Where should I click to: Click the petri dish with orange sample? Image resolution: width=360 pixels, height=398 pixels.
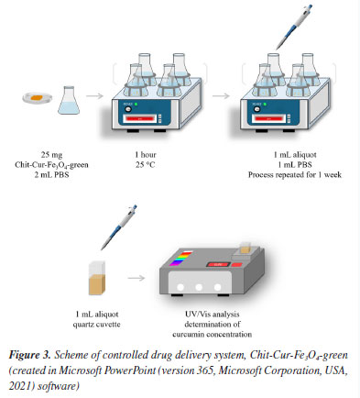[x=38, y=98]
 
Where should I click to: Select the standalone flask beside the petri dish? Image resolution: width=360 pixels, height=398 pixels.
[x=69, y=101]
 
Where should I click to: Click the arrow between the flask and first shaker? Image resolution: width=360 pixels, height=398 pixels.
[x=94, y=96]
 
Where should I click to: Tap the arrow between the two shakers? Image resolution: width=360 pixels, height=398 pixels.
[x=221, y=96]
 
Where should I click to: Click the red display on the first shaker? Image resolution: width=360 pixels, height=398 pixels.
[x=139, y=118]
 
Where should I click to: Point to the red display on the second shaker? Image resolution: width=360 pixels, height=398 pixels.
[x=268, y=118]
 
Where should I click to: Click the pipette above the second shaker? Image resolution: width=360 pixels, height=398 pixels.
[x=294, y=27]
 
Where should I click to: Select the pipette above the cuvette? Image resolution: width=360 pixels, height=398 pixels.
[x=119, y=227]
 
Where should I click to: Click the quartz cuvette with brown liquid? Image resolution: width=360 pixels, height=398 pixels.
[x=97, y=278]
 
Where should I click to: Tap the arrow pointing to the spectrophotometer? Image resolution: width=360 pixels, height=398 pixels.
[x=136, y=278]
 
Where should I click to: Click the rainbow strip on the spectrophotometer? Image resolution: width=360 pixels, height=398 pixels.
[x=181, y=259]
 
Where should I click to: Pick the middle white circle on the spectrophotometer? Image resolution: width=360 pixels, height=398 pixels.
[x=199, y=287]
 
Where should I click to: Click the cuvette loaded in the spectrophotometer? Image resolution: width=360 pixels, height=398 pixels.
[x=245, y=248]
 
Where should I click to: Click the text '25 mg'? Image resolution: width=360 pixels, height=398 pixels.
[x=51, y=155]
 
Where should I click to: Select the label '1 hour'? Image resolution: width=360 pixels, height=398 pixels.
[x=146, y=155]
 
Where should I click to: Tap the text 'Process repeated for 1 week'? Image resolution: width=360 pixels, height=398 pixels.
[x=295, y=175]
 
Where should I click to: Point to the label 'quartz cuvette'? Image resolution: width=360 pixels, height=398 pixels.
[x=96, y=325]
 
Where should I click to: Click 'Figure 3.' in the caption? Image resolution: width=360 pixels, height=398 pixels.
[x=29, y=355]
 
